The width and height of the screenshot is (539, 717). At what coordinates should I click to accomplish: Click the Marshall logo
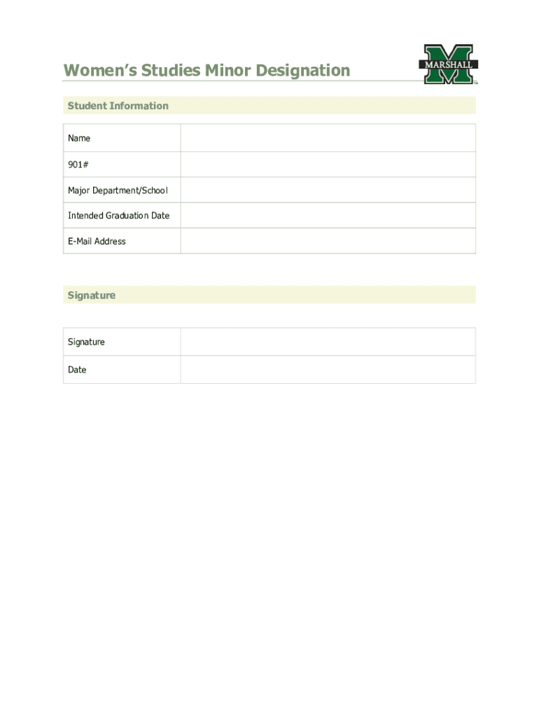[x=449, y=64]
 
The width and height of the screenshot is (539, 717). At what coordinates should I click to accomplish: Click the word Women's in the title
[x=99, y=71]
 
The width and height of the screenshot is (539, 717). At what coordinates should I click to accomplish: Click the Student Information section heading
[x=118, y=106]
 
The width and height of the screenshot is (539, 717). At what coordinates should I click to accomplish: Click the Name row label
[x=79, y=138]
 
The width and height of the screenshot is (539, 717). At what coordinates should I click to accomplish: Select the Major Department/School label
[x=118, y=190]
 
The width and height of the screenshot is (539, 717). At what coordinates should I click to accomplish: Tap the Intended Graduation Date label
[x=118, y=216]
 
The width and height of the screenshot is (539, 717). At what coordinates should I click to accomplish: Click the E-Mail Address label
[x=97, y=241]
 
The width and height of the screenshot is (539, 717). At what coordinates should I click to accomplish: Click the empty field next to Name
[x=328, y=138]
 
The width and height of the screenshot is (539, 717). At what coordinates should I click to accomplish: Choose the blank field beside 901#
[x=328, y=165]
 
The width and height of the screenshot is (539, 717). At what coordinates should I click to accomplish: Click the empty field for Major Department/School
[x=328, y=190]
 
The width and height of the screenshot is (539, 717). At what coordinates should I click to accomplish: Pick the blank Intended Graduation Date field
[x=328, y=216]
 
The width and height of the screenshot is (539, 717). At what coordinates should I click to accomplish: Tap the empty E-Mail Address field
[x=328, y=241]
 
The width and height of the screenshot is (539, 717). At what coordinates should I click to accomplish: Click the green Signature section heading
[x=91, y=295]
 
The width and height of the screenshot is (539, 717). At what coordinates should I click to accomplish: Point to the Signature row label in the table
[x=86, y=342]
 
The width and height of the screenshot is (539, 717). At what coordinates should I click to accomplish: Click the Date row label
[x=77, y=370]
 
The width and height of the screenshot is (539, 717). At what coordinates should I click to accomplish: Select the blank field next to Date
[x=328, y=370]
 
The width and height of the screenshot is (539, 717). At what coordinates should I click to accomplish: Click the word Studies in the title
[x=170, y=71]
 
